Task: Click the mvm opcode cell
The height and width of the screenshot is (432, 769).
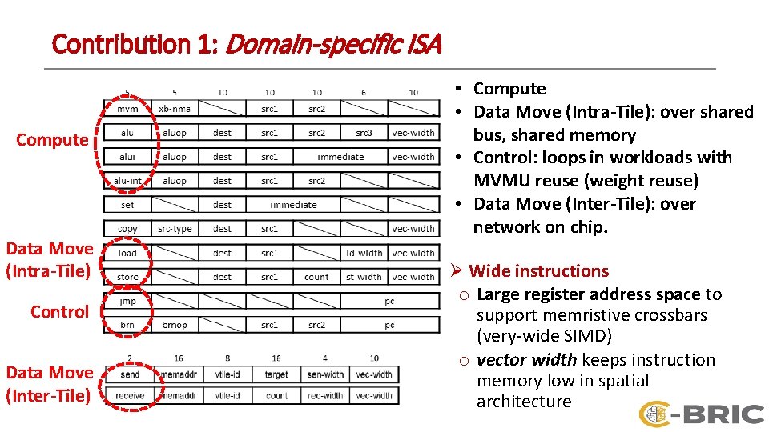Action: [127, 109]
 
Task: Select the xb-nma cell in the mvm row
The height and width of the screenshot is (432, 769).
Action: [175, 109]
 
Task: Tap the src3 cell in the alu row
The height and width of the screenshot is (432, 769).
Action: [364, 133]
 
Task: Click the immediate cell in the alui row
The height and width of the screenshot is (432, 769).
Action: [340, 157]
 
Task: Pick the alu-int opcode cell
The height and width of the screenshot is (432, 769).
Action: [127, 181]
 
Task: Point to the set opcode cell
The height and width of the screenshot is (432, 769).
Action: [127, 205]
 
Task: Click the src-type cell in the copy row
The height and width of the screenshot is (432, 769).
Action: [175, 229]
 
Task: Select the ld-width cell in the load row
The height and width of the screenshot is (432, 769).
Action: [364, 253]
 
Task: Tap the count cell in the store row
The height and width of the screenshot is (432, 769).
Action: [316, 277]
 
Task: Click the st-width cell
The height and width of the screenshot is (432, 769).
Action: [364, 277]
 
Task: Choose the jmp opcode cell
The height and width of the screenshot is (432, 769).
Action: [127, 302]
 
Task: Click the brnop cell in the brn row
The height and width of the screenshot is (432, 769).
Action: [175, 326]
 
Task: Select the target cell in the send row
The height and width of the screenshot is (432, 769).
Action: [276, 374]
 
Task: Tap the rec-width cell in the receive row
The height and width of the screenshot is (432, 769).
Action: [325, 395]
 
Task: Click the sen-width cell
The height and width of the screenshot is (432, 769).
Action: [325, 374]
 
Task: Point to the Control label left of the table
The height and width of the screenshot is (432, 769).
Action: [59, 312]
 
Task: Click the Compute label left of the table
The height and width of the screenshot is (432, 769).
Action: [52, 140]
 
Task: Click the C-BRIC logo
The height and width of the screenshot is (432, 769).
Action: [702, 414]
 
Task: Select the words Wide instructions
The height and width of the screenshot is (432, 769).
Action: [538, 271]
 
